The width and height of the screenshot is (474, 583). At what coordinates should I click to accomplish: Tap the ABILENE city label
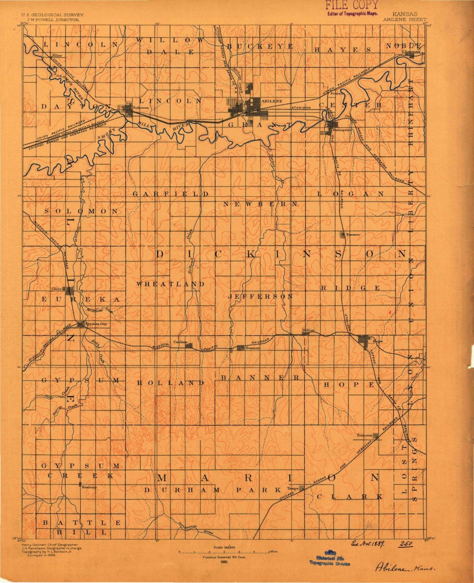(x=271, y=101)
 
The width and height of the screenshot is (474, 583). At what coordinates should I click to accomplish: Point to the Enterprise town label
(x=342, y=130)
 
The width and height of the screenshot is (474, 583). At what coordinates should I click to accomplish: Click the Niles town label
(x=57, y=56)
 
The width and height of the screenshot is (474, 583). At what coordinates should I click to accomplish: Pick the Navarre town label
(x=353, y=234)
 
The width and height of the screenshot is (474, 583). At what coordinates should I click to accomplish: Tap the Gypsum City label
(x=96, y=324)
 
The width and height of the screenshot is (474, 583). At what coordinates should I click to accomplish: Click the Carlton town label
(x=180, y=342)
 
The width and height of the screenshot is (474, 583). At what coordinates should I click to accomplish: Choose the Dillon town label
(x=308, y=330)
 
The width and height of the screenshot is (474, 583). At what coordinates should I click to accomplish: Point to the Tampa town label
(x=293, y=488)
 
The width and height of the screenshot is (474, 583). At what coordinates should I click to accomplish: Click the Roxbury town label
(x=90, y=487)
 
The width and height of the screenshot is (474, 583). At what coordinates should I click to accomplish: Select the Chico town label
(x=57, y=289)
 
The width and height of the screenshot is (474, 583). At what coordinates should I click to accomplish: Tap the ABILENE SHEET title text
(x=404, y=19)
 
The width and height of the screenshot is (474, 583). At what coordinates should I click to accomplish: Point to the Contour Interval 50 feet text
(x=224, y=557)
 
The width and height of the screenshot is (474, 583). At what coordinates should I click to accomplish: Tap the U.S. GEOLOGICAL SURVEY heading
(x=52, y=15)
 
